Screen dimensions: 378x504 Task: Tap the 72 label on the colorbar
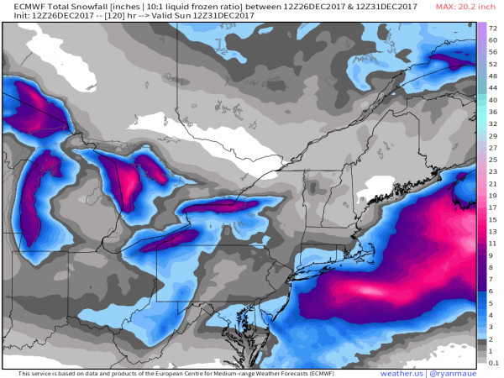point(494,28)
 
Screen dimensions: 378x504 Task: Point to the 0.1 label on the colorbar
point(494,362)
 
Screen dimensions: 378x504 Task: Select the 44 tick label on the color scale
point(494,87)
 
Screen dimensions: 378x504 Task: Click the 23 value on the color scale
point(494,171)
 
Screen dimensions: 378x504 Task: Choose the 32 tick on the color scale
point(494,123)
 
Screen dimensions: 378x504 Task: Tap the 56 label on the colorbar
point(494,51)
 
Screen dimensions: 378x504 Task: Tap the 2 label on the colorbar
point(494,339)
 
